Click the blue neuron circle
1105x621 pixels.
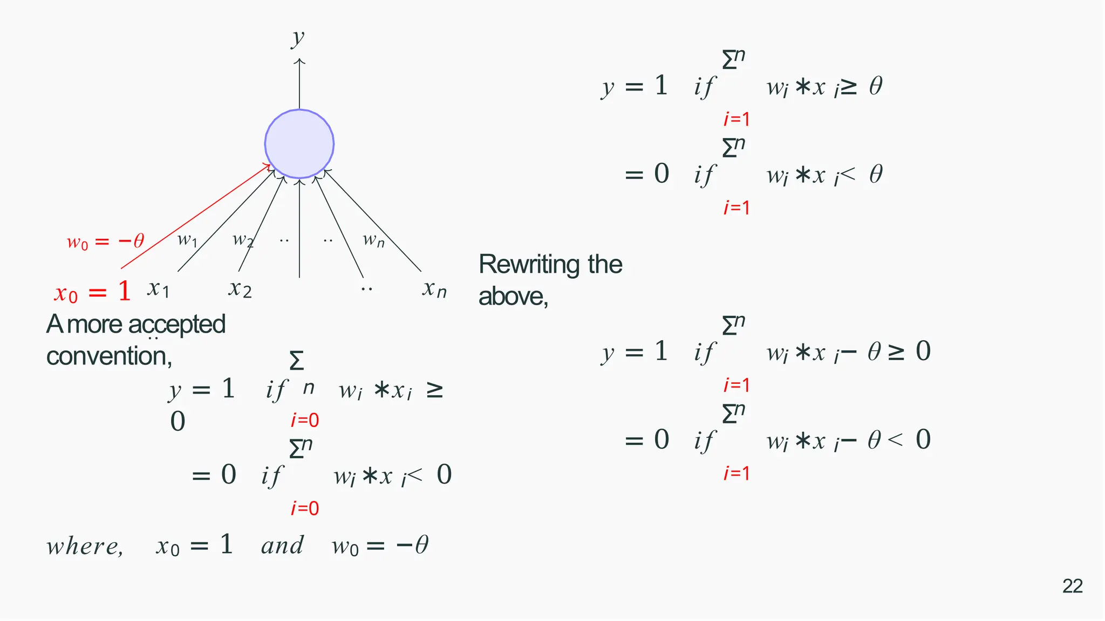299,144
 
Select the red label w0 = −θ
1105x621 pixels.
105,241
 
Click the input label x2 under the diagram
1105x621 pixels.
240,289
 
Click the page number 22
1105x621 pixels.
1072,586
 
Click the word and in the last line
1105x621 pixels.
282,546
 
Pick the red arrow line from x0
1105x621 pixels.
194,217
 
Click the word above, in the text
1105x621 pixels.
513,296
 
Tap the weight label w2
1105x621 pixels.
243,239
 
